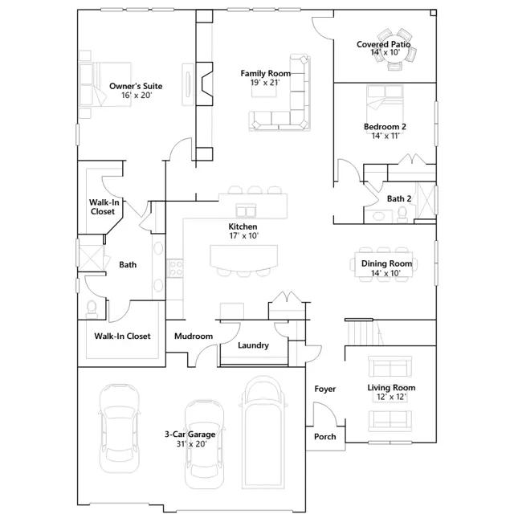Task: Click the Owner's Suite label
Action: point(136,86)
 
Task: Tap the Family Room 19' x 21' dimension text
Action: point(265,83)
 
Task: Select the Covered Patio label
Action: point(384,44)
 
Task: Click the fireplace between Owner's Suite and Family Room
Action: point(205,84)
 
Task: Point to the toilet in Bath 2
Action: point(402,214)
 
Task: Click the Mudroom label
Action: point(194,336)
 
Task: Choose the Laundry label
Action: point(254,345)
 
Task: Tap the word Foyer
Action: point(324,389)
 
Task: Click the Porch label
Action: point(324,437)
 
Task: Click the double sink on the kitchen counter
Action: point(246,210)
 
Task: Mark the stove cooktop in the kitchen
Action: point(175,268)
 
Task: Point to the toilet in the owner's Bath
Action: point(92,309)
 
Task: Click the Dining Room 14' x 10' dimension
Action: point(385,273)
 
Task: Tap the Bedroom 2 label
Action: point(385,127)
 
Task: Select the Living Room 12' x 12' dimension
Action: point(391,397)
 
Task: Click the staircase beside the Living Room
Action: point(364,332)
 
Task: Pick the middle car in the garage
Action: point(204,444)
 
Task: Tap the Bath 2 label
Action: point(399,198)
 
